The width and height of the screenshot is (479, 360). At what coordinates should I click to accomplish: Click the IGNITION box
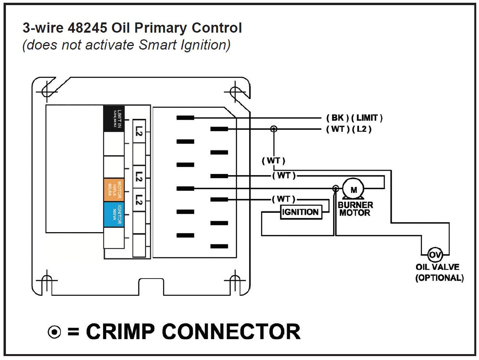point(300,212)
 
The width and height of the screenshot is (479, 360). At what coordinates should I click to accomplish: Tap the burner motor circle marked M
point(354,190)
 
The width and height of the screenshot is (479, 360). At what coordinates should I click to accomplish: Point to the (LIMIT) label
point(367,118)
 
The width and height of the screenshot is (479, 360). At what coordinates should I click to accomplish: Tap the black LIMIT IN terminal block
point(114,118)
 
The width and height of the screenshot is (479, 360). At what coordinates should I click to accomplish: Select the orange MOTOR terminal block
point(114,190)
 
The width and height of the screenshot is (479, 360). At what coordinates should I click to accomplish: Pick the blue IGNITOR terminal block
point(114,214)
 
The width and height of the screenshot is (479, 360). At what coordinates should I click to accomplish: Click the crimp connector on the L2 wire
point(274,129)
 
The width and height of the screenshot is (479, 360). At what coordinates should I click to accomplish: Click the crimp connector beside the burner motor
point(335,188)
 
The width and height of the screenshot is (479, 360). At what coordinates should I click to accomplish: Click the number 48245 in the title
point(87,28)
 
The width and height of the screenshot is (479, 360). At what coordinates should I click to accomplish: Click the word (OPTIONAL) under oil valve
point(439,278)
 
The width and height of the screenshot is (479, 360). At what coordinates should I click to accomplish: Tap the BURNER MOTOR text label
point(355,209)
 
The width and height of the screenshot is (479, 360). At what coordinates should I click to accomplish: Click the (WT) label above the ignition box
point(284,199)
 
